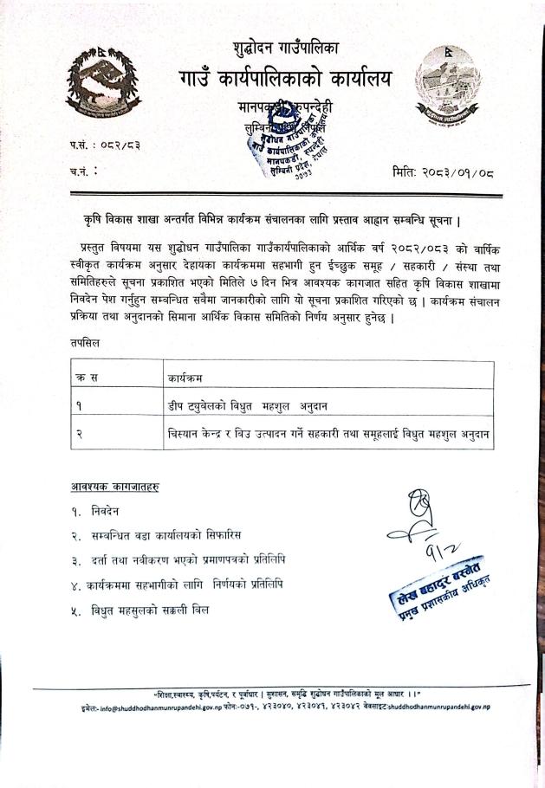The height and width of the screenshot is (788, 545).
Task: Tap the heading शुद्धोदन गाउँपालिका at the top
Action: pos(286,45)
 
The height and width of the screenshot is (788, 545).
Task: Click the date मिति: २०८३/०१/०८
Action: pos(443,171)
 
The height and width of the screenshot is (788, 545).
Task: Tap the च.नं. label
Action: pos(82,171)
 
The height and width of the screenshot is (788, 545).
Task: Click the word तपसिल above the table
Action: pos(87,343)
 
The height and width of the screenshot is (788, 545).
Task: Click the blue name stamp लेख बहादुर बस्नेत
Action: pos(438,589)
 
